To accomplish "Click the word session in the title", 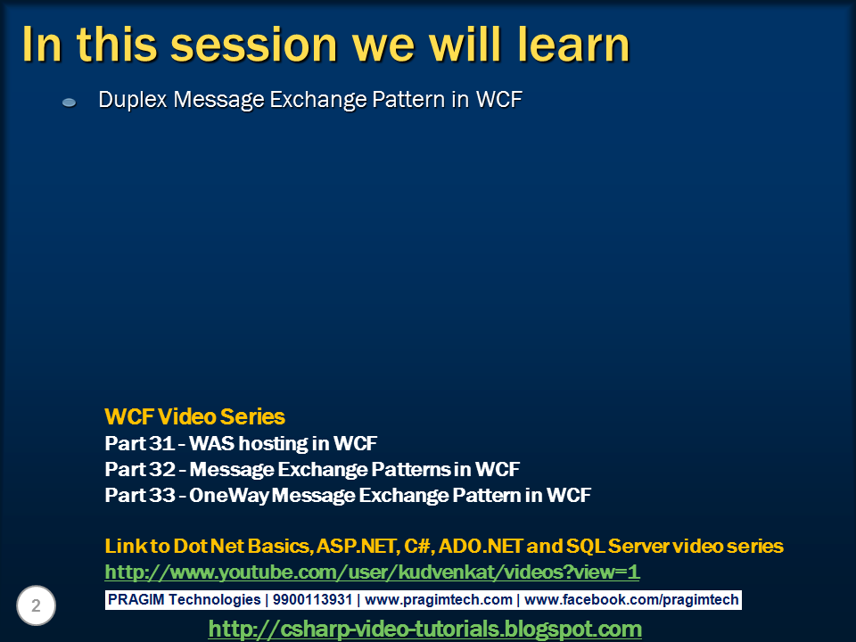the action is coord(254,45).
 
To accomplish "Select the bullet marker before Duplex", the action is coord(70,102).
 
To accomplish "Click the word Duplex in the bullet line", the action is coord(133,100).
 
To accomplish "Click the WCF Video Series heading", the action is coord(195,416).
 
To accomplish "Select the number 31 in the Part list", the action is coord(161,443).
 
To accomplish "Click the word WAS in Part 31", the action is coord(212,443).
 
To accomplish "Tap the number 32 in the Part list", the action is coord(162,469).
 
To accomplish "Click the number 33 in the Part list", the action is coord(162,495).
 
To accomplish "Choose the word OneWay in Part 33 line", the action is coord(229,495).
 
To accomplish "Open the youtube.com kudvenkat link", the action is coord(373,572).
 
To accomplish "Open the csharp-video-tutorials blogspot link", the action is coord(425,629).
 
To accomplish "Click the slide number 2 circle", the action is coord(36,605).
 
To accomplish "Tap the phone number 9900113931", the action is coord(312,600).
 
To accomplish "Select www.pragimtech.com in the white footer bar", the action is coord(439,600).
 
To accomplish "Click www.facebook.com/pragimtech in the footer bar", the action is coord(631,600).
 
